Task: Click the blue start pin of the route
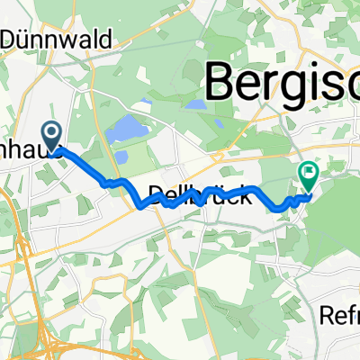[x=51, y=136]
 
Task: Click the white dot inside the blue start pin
[x=51, y=133]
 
